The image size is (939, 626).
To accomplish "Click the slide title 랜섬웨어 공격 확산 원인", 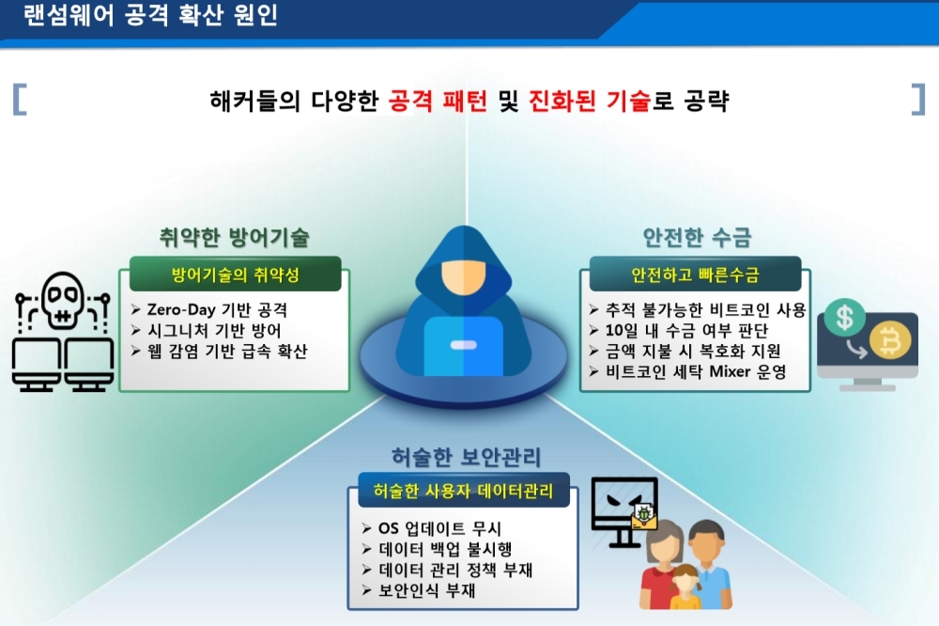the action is tap(150, 14).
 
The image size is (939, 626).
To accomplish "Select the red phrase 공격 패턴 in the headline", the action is tap(438, 101).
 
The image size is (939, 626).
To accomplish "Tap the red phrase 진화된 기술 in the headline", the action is tap(590, 101).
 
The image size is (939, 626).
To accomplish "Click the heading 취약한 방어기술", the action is tap(234, 238).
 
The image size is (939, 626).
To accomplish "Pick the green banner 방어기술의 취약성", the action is tap(236, 274).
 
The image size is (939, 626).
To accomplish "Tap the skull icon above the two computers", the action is tap(62, 300).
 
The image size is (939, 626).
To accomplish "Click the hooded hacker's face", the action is tap(463, 276).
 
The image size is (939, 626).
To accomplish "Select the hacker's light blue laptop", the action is tap(464, 345).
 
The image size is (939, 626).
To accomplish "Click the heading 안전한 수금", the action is tap(697, 238).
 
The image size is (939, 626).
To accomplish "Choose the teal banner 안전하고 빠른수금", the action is tap(695, 274).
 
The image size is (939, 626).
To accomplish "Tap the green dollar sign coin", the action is tap(844, 318).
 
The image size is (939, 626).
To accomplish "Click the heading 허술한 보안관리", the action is tap(466, 457).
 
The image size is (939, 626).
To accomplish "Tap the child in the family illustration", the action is tap(686, 587).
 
